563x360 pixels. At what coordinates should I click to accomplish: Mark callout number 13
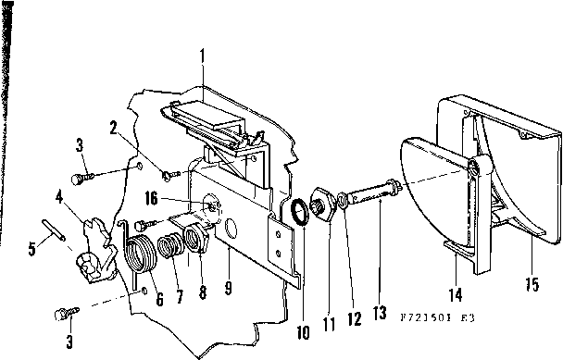click(379, 314)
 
